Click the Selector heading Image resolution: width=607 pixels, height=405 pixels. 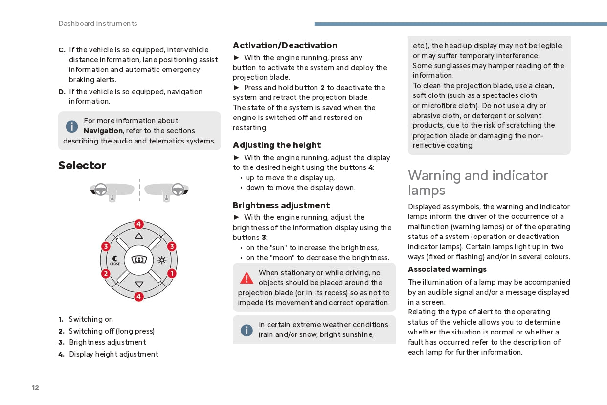(82, 166)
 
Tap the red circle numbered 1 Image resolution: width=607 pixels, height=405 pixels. (172, 273)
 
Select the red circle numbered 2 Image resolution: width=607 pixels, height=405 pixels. (106, 273)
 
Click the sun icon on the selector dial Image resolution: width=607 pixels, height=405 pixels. (162, 260)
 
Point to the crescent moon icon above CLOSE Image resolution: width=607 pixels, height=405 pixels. (115, 259)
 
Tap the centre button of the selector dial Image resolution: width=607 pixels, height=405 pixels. (139, 260)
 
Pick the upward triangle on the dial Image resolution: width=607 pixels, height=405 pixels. (139, 236)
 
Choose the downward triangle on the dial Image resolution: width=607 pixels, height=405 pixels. (139, 284)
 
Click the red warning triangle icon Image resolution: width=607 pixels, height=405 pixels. (247, 278)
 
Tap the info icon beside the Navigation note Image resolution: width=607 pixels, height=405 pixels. (72, 126)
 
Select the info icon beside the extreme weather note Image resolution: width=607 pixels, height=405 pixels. (247, 330)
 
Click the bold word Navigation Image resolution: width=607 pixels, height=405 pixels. (103, 131)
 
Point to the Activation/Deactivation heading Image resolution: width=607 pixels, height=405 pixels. (285, 45)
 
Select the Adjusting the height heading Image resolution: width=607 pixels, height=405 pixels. (277, 145)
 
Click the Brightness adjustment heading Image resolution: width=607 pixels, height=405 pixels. (281, 205)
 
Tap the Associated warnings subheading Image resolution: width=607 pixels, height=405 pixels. (447, 269)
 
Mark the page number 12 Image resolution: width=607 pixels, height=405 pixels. (35, 388)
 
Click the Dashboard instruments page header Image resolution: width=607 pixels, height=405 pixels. (98, 24)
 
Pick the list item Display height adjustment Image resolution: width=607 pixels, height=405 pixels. (113, 354)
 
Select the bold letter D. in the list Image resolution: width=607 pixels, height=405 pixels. (62, 92)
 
